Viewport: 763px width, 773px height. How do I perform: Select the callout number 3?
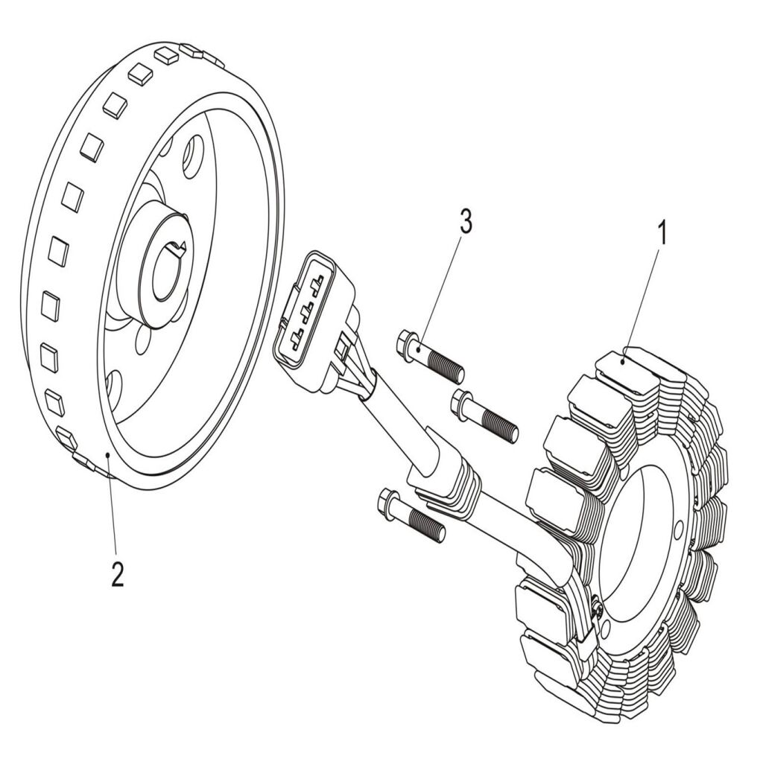point(465,222)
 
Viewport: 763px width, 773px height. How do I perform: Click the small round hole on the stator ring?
point(677,529)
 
